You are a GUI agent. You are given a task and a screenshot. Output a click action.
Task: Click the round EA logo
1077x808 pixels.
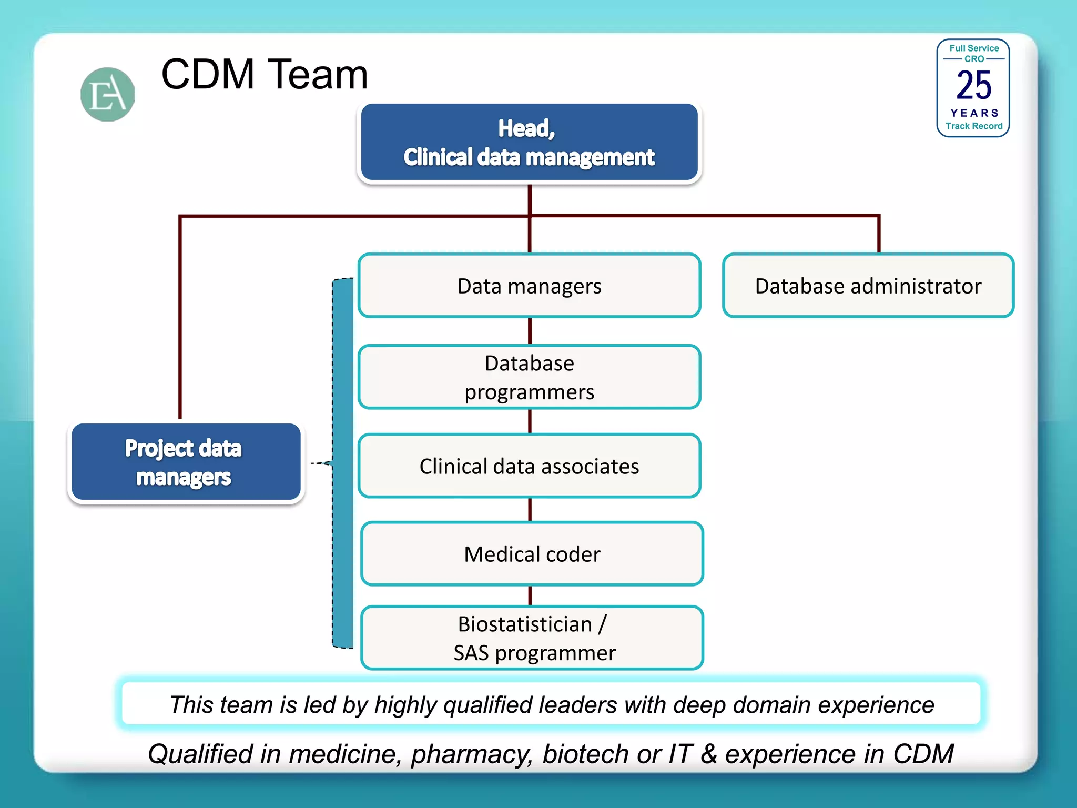[108, 94]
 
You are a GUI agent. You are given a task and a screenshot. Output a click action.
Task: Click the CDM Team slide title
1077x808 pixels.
[264, 74]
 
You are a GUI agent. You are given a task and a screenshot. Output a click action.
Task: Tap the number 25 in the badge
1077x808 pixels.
[973, 85]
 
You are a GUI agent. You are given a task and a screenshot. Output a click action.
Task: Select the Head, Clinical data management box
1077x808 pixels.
[529, 143]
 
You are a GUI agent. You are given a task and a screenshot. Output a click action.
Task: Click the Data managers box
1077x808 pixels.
[529, 286]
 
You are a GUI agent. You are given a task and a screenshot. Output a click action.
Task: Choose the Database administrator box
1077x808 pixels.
[868, 286]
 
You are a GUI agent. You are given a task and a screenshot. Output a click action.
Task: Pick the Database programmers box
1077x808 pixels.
[529, 377]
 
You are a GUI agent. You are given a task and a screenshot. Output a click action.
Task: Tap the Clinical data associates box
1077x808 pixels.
[529, 466]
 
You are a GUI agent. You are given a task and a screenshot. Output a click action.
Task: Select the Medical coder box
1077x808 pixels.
[532, 554]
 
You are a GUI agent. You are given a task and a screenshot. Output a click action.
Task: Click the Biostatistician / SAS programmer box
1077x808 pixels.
[532, 638]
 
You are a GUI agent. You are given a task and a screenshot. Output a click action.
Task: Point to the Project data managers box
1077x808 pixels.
[185, 462]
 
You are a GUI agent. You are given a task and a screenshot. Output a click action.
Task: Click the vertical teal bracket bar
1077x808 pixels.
[343, 463]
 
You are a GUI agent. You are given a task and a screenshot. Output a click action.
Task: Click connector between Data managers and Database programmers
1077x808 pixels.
[530, 331]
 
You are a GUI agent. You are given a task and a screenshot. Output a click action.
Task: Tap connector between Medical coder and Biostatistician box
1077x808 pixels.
[530, 595]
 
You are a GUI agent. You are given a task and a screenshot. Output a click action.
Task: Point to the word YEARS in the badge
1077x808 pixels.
[974, 113]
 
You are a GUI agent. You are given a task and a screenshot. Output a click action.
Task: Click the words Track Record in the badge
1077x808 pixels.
[974, 126]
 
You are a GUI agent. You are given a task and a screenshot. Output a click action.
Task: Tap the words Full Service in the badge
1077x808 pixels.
[974, 48]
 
